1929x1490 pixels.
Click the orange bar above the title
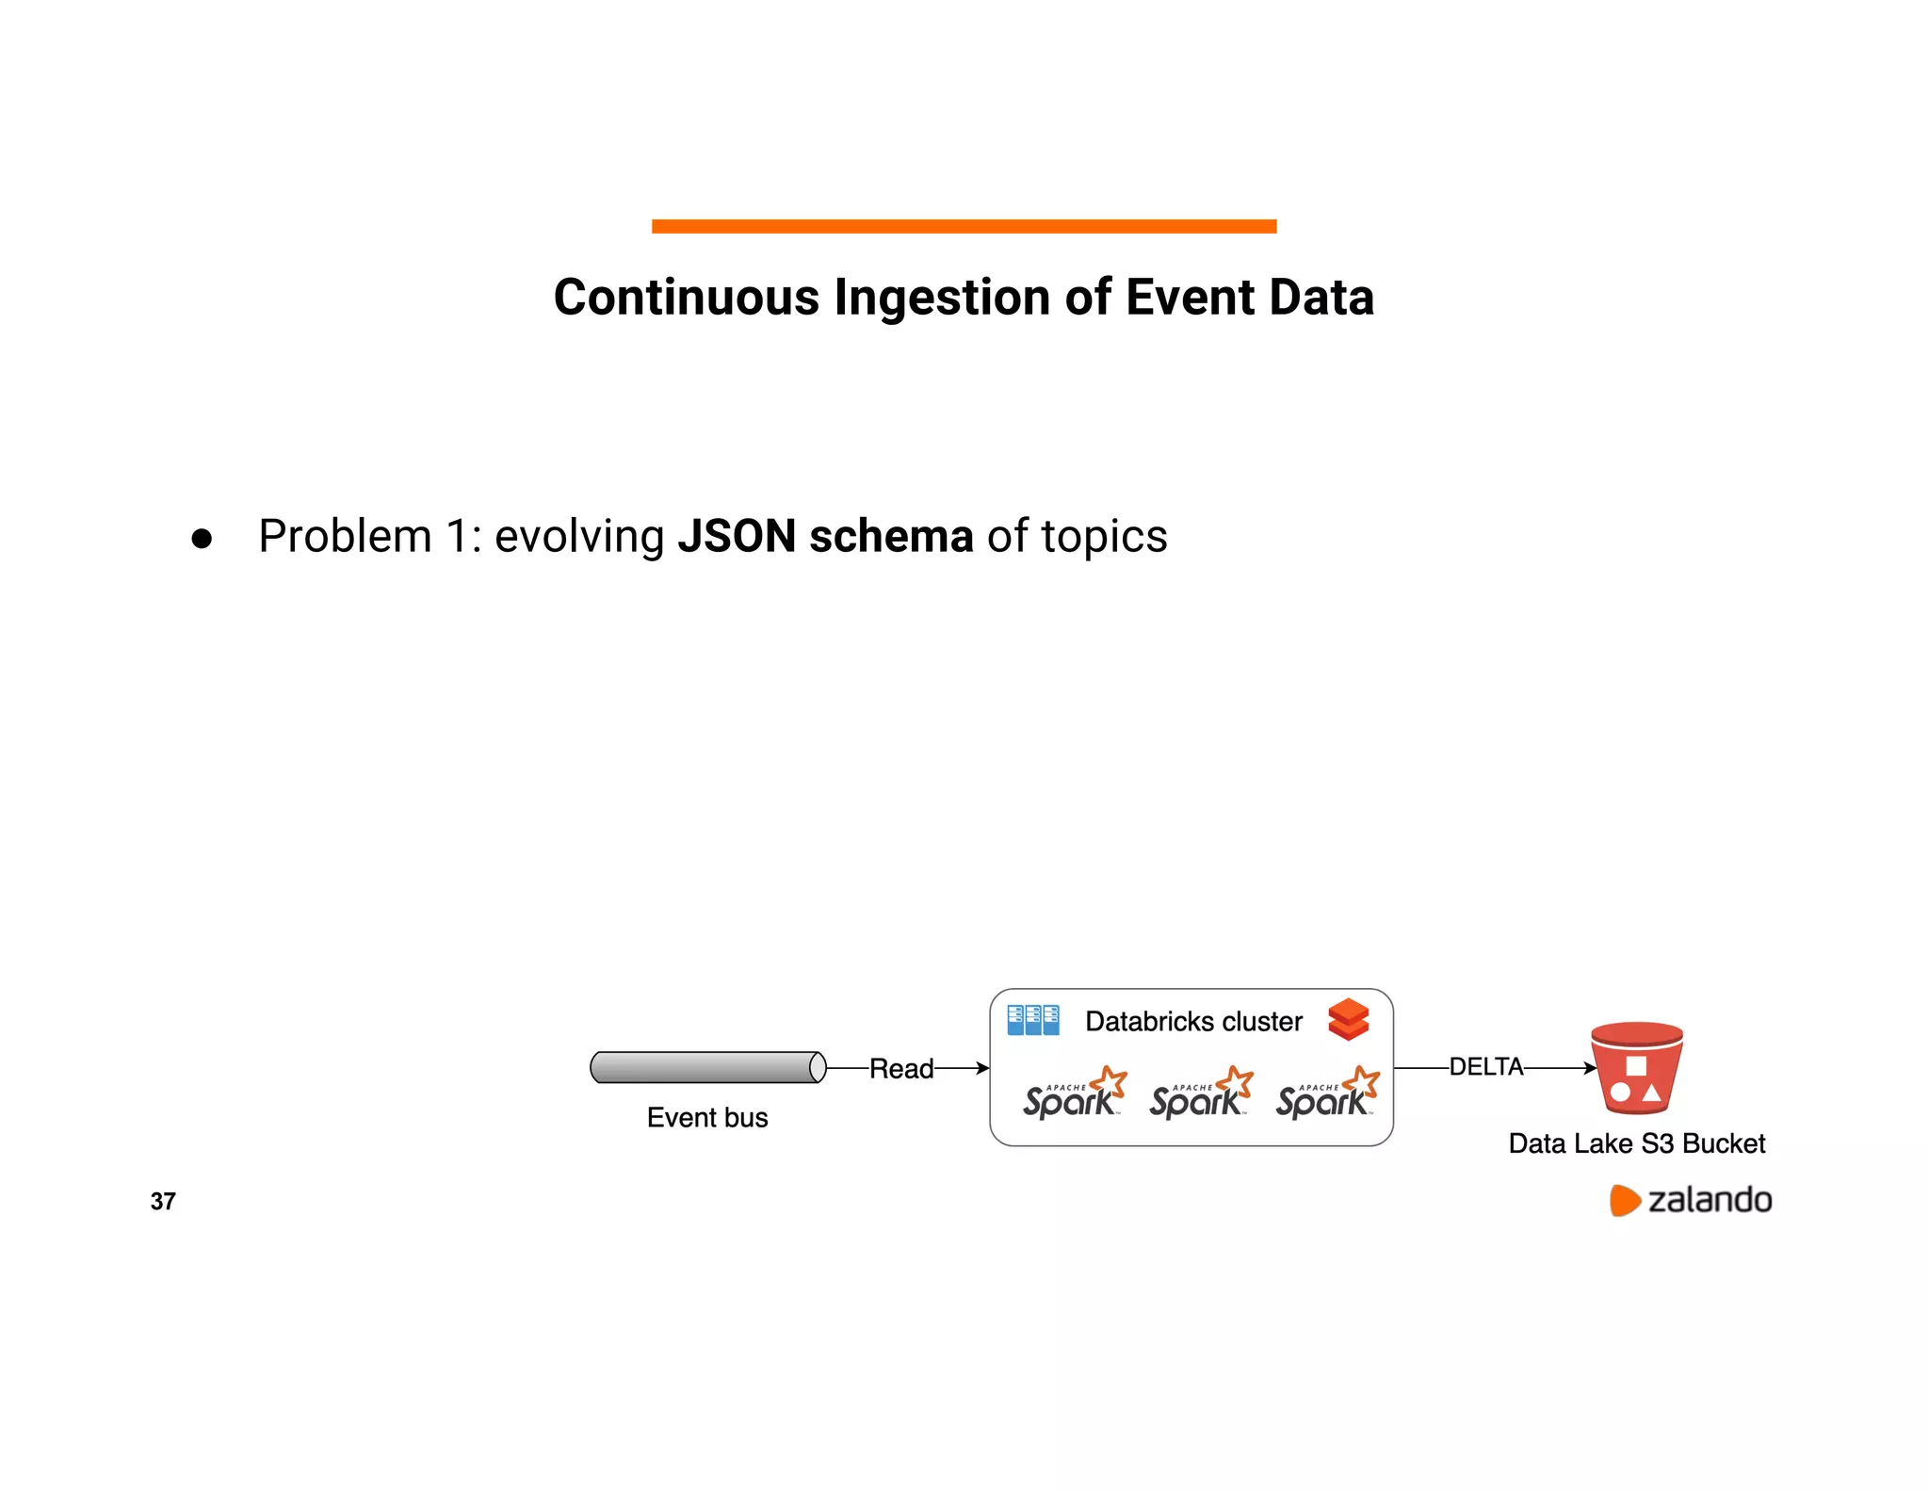(964, 226)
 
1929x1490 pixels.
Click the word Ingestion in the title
(942, 298)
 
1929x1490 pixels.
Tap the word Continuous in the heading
(686, 298)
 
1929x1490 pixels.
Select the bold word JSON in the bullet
(737, 536)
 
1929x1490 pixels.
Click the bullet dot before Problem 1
(202, 539)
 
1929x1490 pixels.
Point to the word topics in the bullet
(1104, 537)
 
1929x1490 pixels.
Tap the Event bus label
(707, 1118)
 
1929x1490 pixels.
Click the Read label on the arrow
(900, 1069)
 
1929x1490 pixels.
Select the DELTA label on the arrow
(1485, 1067)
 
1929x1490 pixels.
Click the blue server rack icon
(1032, 1020)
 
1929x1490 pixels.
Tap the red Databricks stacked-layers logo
(1348, 1019)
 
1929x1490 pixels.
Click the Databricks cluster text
(1193, 1022)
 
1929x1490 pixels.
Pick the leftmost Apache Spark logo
(1074, 1093)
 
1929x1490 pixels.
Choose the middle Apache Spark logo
(1200, 1093)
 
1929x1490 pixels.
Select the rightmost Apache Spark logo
(1326, 1093)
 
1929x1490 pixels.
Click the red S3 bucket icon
(1636, 1068)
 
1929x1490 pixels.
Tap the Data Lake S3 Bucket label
(1636, 1143)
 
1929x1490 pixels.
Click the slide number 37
(163, 1201)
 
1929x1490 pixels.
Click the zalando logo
(1691, 1200)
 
